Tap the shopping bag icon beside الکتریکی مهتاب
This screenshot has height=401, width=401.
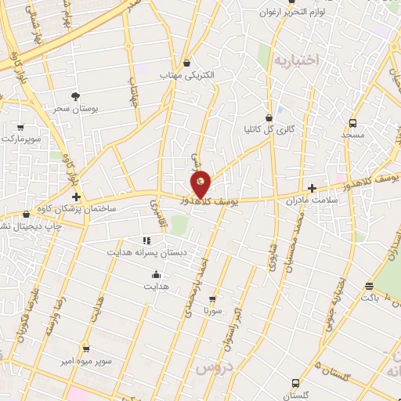(x=186, y=63)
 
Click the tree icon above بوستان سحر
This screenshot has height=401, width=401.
(x=75, y=96)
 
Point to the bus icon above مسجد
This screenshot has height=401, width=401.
(x=352, y=123)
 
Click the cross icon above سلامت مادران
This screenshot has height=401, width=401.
(x=312, y=188)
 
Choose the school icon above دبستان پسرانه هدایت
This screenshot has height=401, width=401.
(x=145, y=240)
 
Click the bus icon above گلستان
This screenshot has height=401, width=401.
(x=294, y=383)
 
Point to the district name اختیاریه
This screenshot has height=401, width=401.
(x=294, y=60)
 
